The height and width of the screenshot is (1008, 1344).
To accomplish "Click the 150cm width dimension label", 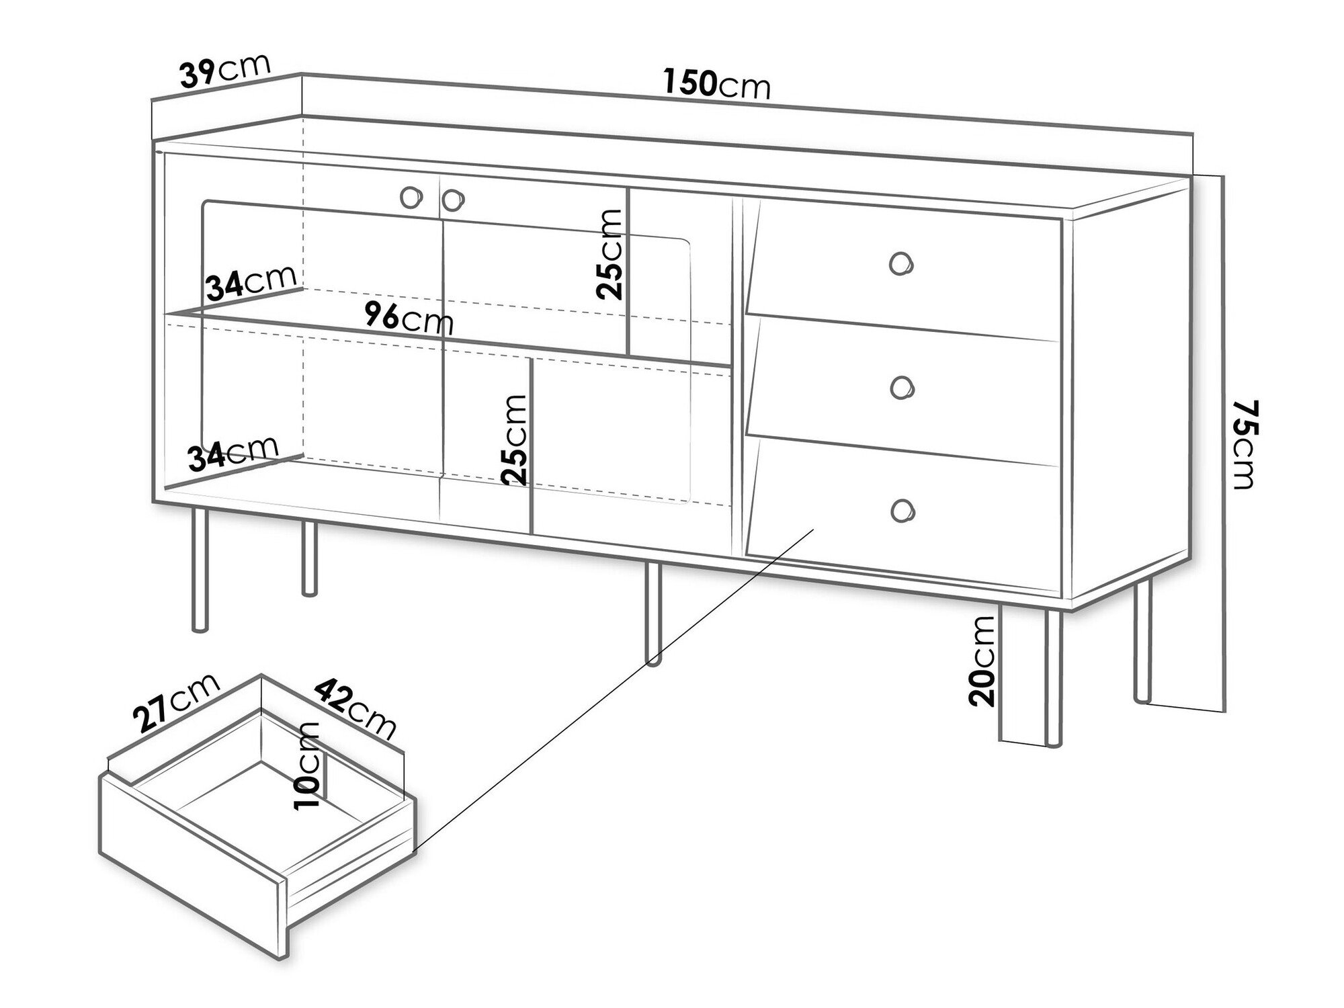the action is (716, 83).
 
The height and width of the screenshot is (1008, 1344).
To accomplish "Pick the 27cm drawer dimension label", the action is (177, 701).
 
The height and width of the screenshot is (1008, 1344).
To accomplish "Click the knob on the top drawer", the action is (901, 263).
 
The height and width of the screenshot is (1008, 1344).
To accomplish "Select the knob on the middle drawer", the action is (901, 388).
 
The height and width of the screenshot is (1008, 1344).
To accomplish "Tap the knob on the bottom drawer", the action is (901, 509).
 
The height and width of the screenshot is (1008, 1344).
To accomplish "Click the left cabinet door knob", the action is (411, 197).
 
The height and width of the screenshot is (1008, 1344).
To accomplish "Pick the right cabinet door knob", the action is (453, 199).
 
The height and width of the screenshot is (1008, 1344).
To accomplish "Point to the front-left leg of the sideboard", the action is (200, 570).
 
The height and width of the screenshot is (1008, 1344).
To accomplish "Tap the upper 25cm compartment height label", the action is (610, 253).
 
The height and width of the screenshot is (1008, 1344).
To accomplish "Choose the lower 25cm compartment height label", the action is (515, 439).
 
